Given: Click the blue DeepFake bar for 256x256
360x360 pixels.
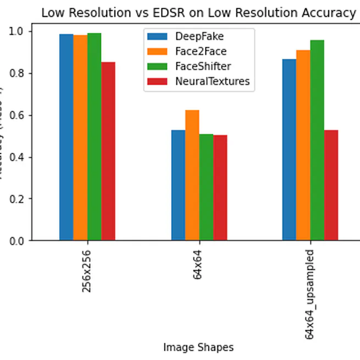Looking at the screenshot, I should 67,137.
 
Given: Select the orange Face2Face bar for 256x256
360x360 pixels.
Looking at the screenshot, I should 80,138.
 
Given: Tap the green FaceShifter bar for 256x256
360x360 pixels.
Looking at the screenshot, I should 94,137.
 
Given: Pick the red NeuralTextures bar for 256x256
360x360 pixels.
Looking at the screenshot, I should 108,151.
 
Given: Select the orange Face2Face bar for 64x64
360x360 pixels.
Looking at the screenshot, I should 192,175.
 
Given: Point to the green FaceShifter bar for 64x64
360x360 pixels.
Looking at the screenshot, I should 206,187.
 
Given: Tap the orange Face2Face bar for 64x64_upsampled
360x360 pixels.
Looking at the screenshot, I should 303,145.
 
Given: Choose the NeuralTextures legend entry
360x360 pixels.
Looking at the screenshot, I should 198,81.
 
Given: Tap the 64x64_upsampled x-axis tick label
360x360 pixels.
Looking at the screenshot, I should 309,294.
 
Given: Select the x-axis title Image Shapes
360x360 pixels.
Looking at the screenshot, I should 198,347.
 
